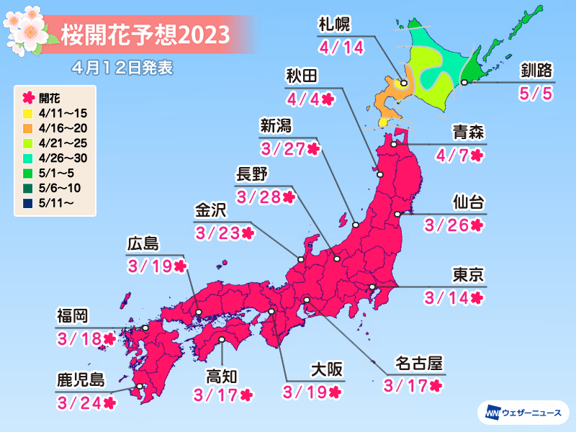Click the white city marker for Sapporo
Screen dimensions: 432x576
[404, 83]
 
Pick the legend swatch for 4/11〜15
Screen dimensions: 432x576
[26, 113]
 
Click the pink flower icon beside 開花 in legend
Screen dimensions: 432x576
[26, 96]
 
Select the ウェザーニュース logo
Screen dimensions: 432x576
[523, 413]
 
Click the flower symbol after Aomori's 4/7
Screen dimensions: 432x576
[476, 155]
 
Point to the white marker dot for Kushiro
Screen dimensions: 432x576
[464, 83]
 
